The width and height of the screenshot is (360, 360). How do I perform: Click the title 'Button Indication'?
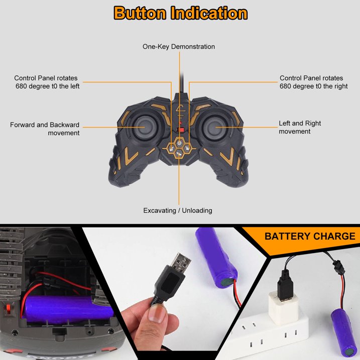click(x=180, y=13)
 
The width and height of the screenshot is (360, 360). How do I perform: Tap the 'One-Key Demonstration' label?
click(x=179, y=47)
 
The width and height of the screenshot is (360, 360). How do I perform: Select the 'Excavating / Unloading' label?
click(x=178, y=210)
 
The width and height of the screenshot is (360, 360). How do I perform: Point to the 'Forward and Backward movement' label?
click(x=45, y=129)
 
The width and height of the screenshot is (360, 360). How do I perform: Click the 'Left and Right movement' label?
click(x=300, y=128)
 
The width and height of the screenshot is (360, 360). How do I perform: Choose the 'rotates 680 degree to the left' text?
click(x=47, y=82)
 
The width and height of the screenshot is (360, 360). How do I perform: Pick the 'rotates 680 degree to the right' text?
click(x=314, y=82)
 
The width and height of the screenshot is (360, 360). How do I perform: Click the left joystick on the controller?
click(x=145, y=127)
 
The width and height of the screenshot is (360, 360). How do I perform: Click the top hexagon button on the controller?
click(x=179, y=143)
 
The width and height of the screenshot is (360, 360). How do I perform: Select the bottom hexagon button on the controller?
click(x=179, y=153)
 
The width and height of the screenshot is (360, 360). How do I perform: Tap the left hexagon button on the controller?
click(x=171, y=148)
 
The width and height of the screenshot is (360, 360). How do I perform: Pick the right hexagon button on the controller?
click(x=187, y=148)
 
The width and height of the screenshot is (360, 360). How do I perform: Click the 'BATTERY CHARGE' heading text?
click(x=310, y=236)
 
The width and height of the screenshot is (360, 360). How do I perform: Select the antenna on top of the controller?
click(x=182, y=84)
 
